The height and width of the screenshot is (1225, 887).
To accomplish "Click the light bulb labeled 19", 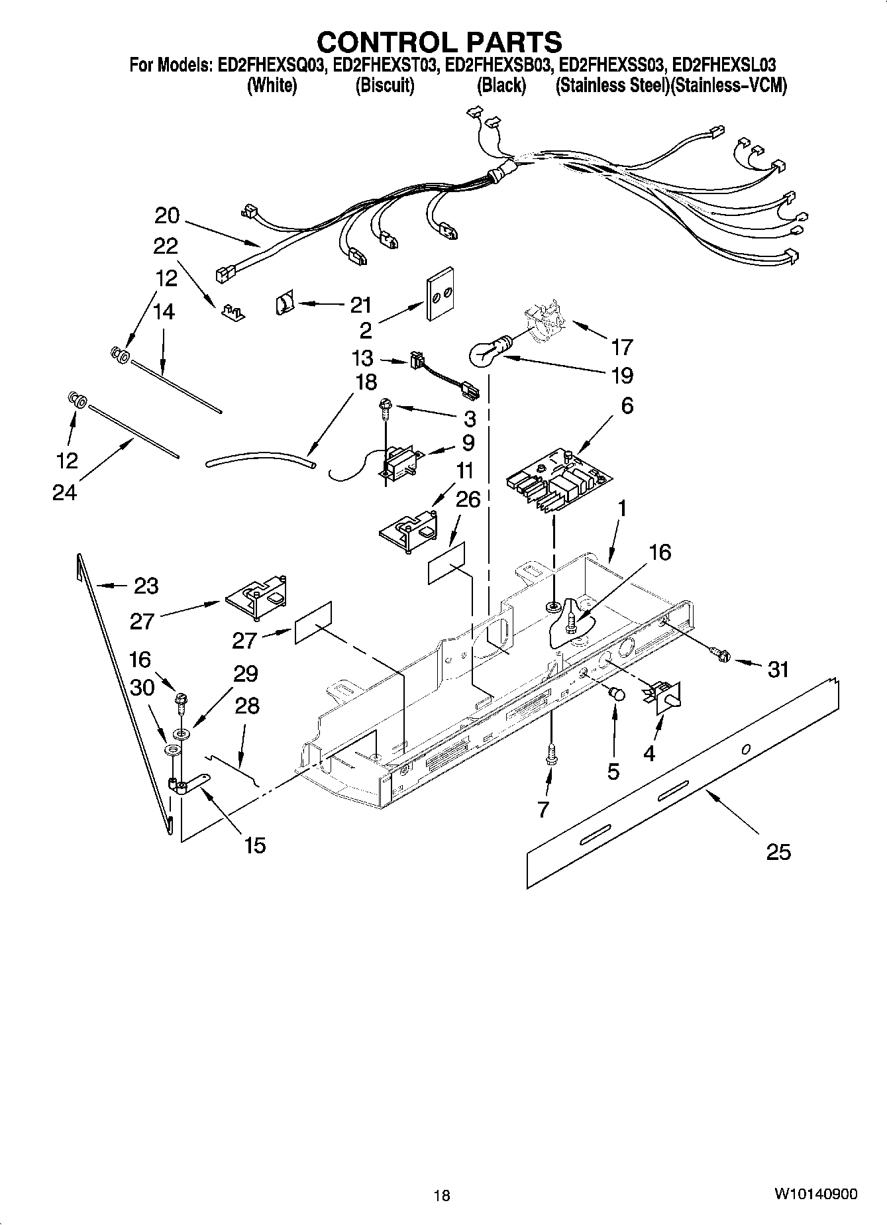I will coord(488,353).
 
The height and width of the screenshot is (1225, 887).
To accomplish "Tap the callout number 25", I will coord(778,851).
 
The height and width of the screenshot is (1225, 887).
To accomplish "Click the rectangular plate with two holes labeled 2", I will coord(439,293).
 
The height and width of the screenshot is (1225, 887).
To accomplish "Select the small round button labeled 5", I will coord(617,694).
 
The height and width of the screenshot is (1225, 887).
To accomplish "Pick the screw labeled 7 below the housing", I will coord(550,755).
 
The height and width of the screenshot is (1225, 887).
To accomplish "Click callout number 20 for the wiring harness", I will coord(167,215).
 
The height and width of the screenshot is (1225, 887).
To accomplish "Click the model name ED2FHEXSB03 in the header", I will coord(498,65).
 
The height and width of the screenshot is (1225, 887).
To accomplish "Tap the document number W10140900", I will coord(815,1194).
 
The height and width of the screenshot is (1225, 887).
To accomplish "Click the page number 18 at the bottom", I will coord(442,1195).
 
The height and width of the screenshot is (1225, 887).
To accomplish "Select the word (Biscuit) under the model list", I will coord(385,85).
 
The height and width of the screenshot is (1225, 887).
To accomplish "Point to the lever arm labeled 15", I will coord(188,786).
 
